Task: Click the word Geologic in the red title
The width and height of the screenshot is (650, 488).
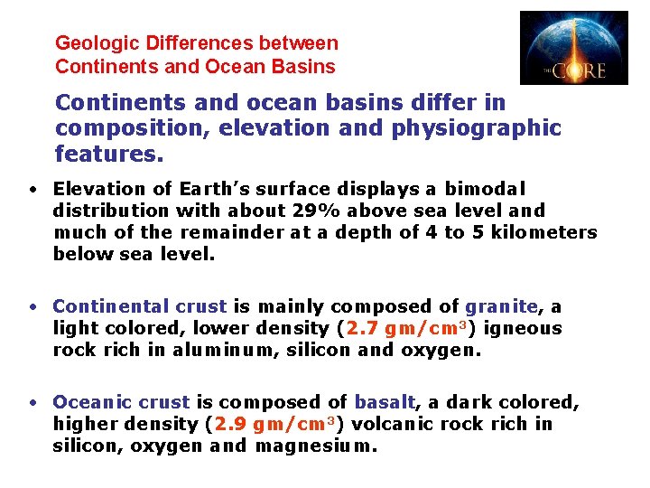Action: tap(92, 43)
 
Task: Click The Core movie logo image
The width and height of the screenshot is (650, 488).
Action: tap(573, 48)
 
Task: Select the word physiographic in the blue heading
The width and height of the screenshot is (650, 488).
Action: tap(477, 128)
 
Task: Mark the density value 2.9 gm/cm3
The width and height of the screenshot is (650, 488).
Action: tap(275, 424)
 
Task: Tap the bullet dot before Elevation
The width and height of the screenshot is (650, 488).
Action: tap(32, 190)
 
